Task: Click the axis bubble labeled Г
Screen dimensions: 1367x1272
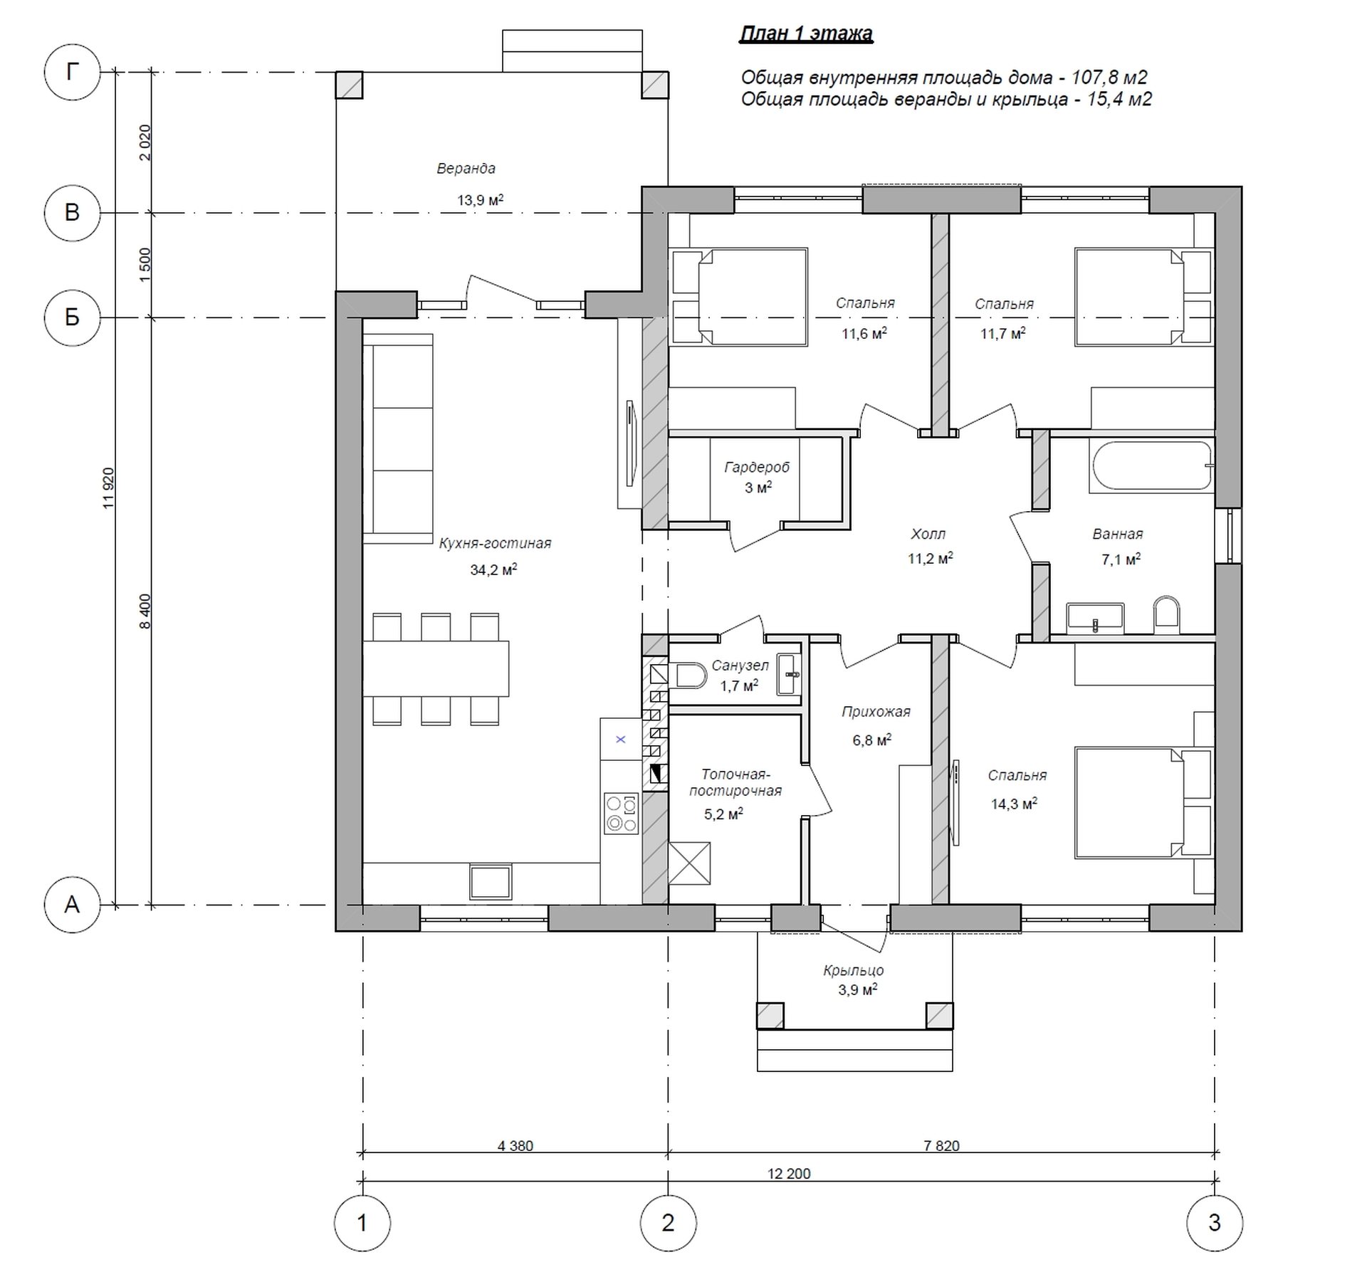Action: point(72,72)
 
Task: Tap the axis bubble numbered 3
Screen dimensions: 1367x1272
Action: point(1215,1223)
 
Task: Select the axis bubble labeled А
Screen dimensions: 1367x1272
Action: point(72,905)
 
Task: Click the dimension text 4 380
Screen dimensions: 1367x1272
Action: point(515,1145)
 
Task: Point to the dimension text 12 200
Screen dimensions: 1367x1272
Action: point(789,1173)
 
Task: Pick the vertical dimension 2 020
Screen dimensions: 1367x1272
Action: point(145,142)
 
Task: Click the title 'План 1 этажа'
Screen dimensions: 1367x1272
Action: point(806,34)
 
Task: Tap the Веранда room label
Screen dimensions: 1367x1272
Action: point(466,169)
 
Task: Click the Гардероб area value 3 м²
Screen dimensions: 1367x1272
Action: point(758,488)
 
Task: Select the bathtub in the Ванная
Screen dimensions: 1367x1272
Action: point(1151,467)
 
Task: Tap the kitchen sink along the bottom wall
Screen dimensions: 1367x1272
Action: point(490,882)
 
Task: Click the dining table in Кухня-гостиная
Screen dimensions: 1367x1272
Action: point(436,668)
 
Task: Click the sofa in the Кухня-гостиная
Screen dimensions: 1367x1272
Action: point(397,438)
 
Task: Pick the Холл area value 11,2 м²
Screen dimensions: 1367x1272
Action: point(930,559)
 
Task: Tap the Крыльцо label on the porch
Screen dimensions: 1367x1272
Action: point(853,970)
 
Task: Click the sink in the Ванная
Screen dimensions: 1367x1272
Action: point(1095,618)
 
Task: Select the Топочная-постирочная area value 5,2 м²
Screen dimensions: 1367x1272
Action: point(723,814)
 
